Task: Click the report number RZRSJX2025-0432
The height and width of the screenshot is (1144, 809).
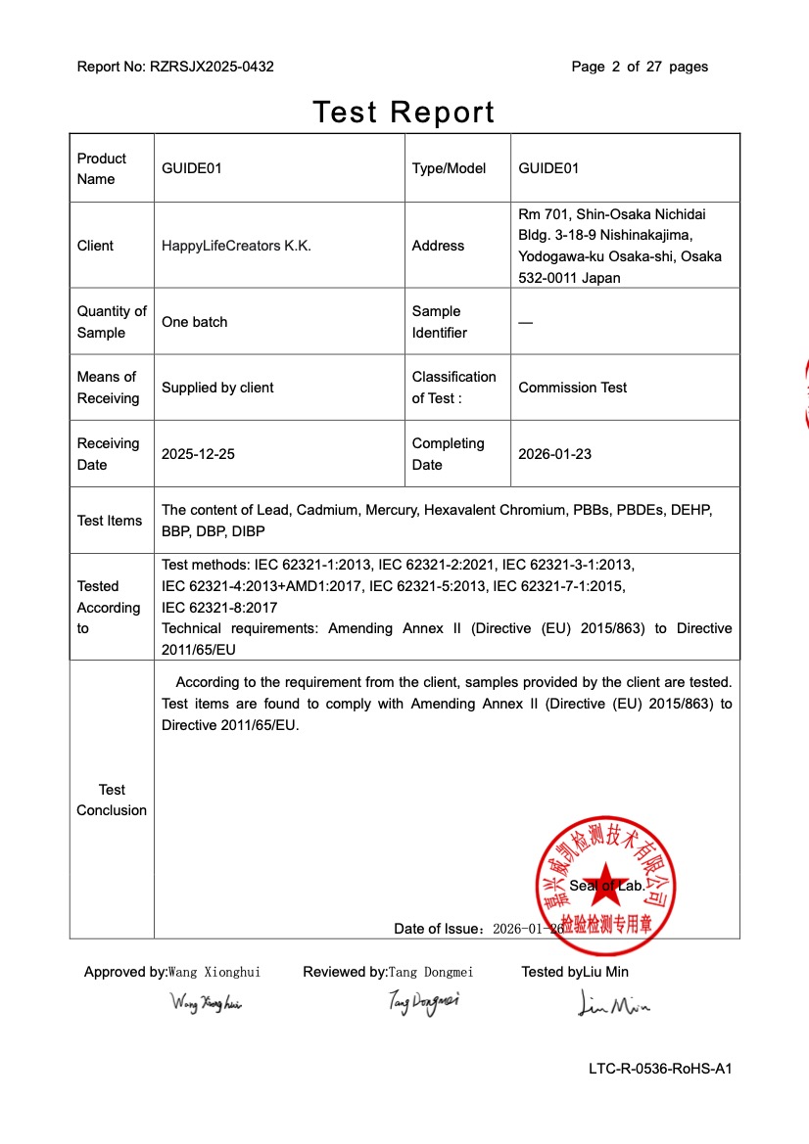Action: point(212,67)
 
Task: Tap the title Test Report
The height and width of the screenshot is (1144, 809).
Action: point(404,112)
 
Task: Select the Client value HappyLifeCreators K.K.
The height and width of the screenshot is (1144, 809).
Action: point(236,246)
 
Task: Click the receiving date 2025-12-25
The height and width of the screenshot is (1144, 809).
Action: point(198,454)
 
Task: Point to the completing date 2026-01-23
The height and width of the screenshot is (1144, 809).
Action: point(554,454)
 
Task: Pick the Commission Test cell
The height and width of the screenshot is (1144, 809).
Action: point(572,388)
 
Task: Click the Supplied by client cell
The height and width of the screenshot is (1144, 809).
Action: point(217,388)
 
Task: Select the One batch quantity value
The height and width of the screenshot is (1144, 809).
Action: point(194,322)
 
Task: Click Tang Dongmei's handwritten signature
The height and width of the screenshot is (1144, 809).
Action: point(423,1001)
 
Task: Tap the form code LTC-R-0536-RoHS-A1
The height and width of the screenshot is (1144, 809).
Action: point(660,1069)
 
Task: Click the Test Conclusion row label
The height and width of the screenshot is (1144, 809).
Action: point(112,800)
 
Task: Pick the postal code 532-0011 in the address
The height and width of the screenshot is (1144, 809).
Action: point(547,278)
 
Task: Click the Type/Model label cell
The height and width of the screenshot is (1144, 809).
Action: point(449,168)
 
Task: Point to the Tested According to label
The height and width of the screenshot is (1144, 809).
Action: point(108,607)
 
